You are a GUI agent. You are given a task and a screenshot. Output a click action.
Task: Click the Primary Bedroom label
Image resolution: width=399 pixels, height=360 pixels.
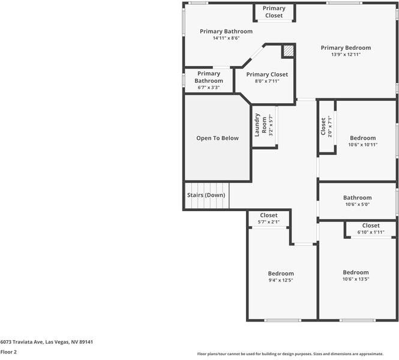click(346, 47)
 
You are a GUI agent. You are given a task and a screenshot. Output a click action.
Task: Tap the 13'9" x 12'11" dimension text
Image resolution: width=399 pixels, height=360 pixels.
click(346, 55)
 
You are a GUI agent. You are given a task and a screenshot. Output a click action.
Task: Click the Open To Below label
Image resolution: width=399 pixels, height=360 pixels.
click(217, 138)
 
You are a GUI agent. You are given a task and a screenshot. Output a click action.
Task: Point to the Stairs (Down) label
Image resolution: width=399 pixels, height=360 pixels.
click(206, 196)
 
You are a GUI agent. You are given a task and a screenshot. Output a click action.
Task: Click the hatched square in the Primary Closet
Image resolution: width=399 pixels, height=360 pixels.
click(289, 51)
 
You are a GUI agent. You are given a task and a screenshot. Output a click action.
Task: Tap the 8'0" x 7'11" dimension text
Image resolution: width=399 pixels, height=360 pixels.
click(267, 81)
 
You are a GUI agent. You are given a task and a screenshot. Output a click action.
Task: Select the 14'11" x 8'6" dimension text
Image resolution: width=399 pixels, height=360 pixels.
click(226, 38)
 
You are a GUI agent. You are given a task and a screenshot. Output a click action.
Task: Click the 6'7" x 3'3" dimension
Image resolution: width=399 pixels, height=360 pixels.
click(209, 88)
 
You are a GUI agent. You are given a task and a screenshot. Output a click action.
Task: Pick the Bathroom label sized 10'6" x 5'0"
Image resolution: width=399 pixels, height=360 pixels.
click(358, 197)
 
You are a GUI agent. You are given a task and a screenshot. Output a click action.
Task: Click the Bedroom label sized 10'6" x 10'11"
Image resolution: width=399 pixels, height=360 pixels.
click(362, 138)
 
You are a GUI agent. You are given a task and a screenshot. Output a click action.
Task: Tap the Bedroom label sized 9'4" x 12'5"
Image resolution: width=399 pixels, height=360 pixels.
click(281, 273)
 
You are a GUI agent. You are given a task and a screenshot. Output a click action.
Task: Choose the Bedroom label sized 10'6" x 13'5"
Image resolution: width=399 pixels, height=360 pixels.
click(356, 272)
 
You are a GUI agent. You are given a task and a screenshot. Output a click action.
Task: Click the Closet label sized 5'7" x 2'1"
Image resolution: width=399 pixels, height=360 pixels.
click(269, 215)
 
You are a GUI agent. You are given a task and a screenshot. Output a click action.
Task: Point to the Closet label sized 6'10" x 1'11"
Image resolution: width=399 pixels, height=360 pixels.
click(371, 226)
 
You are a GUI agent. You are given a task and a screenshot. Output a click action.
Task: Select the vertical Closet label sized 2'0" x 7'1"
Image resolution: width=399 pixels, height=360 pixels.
click(323, 125)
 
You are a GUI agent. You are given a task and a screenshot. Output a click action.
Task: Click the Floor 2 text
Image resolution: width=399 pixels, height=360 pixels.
click(8, 352)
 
